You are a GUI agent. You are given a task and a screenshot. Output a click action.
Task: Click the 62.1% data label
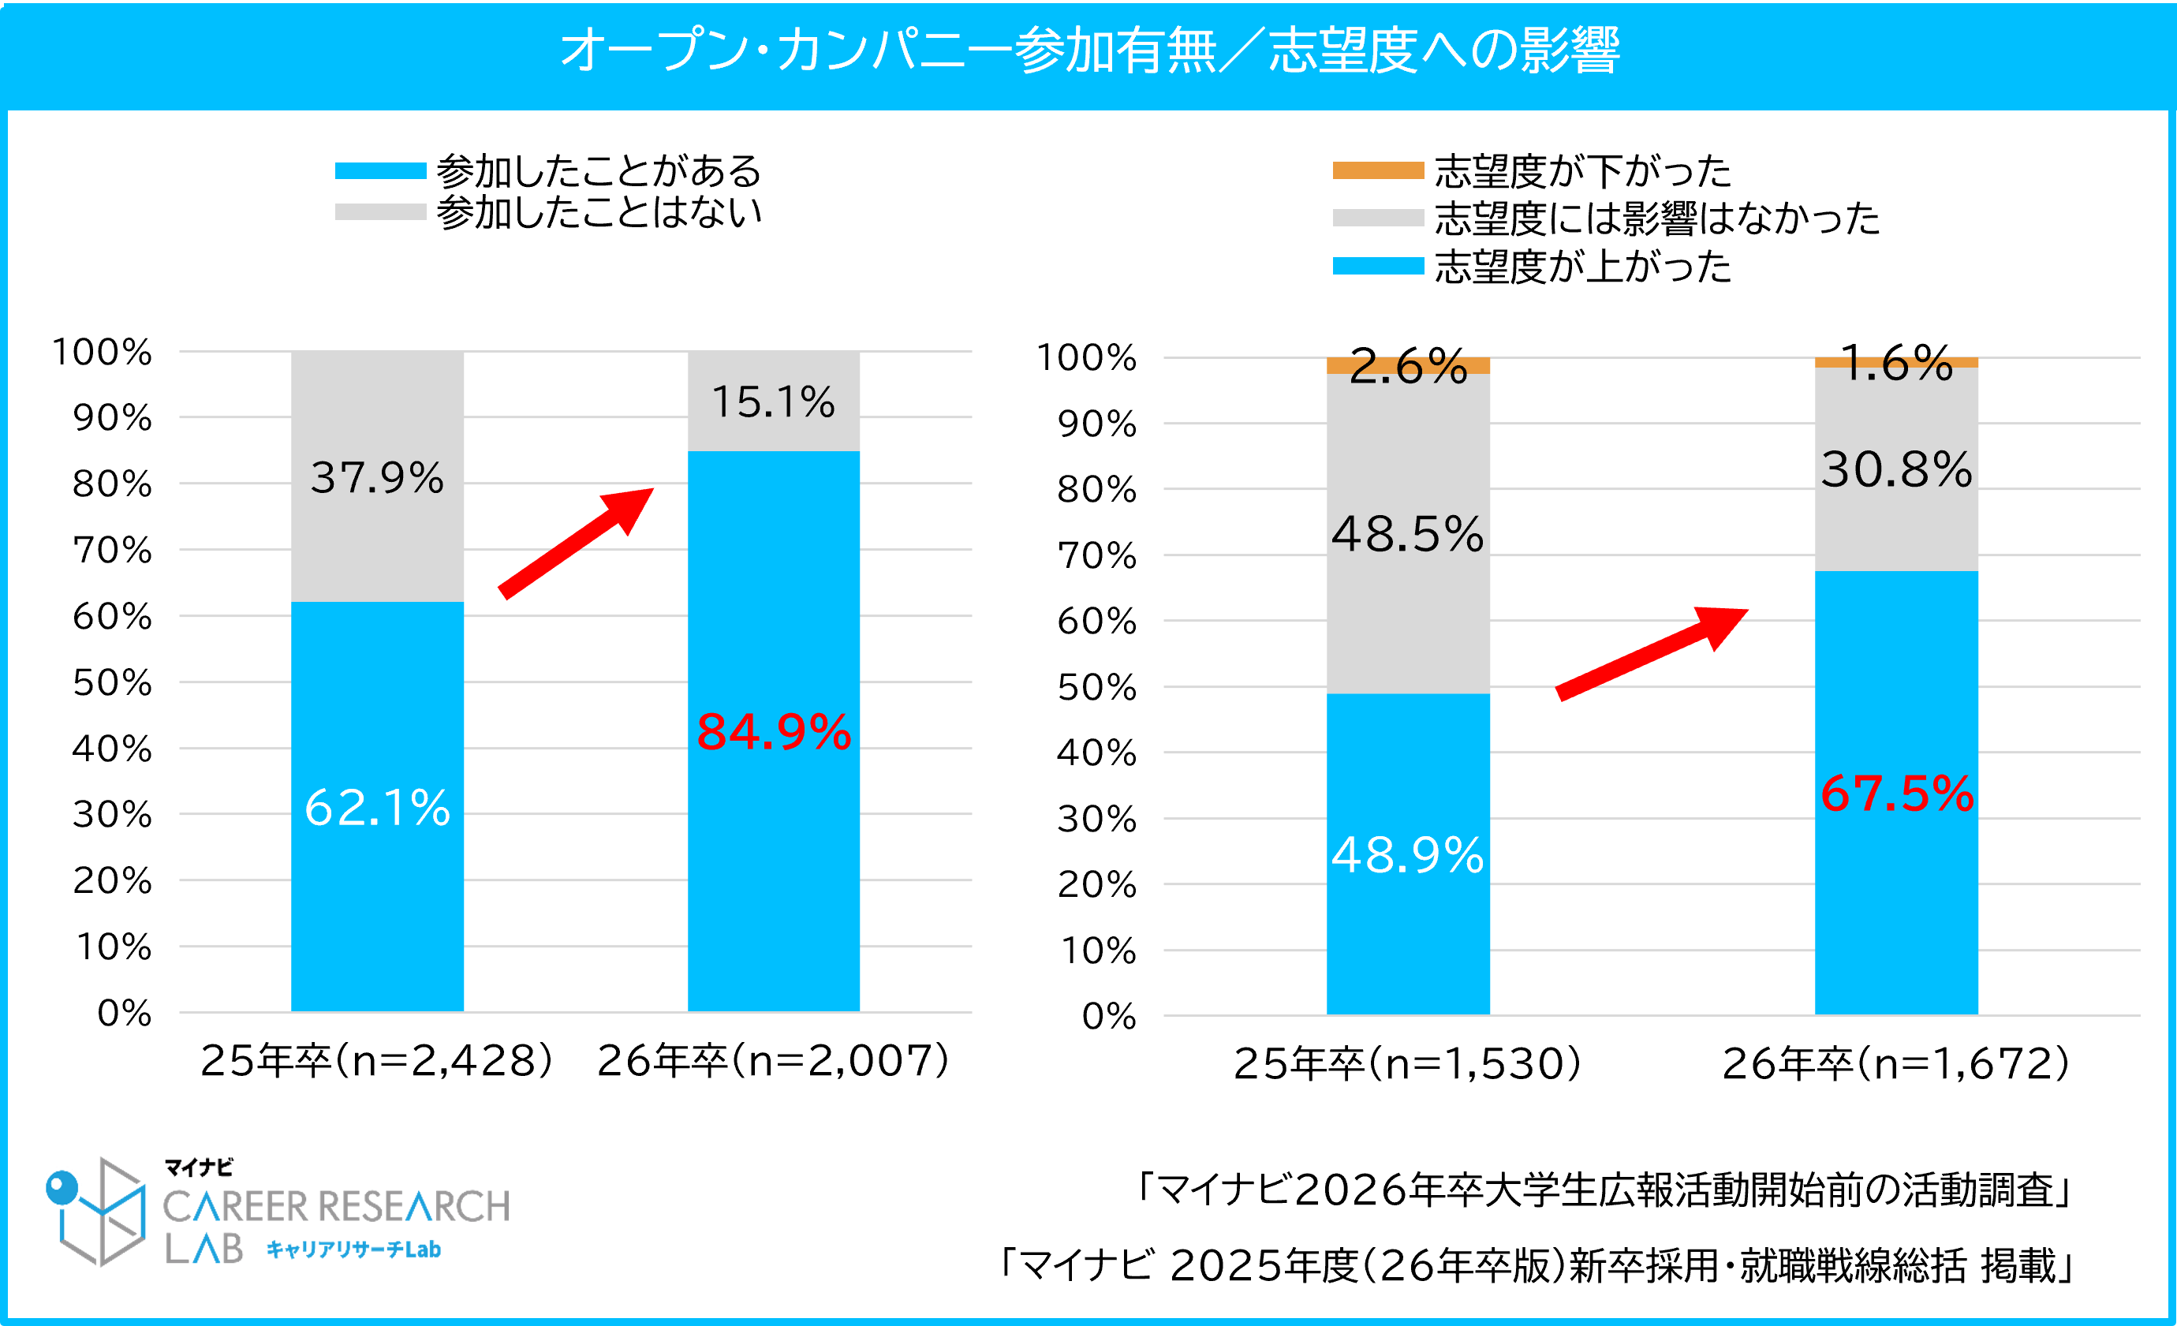coord(377,808)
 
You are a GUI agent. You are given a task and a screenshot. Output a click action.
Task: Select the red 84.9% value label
coord(773,732)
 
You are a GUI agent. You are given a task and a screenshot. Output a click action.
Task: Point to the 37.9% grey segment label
coord(377,478)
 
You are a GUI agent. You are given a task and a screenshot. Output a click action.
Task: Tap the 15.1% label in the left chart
coord(773,402)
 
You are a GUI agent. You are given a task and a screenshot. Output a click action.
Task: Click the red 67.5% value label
coord(1896,794)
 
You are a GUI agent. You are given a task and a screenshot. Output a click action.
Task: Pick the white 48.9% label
coord(1407,855)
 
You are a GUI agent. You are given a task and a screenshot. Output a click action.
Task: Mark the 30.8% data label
coord(1896,469)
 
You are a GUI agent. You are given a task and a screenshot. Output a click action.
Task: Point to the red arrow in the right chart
coord(1652,653)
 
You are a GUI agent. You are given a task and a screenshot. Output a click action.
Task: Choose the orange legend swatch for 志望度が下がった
coord(1377,170)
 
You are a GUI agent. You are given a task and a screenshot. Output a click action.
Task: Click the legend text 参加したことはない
coord(598,213)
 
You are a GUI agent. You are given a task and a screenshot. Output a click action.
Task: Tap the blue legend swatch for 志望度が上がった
coord(1377,266)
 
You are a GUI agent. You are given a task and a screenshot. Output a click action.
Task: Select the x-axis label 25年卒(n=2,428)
coord(377,1060)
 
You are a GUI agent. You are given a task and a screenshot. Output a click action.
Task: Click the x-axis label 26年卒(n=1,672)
coord(1896,1063)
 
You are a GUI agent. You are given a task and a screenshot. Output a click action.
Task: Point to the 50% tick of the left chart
coord(112,683)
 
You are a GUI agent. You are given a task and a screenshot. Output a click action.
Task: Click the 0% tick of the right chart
coord(1109,1016)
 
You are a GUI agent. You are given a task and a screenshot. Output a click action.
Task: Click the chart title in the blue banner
coord(1088,50)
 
